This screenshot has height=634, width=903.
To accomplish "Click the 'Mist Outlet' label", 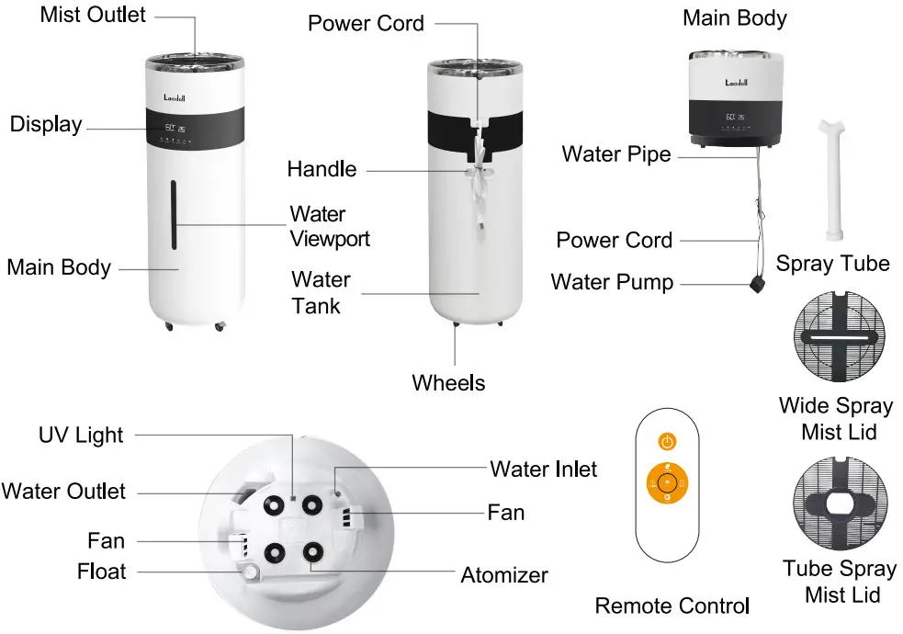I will coord(93,16).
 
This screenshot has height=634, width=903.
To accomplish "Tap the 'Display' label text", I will coord(46,124).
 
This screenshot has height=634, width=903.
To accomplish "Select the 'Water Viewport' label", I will coord(330,226).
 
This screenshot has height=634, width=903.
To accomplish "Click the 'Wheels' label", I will coord(448,382).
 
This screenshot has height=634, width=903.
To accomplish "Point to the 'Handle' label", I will coord(322,168).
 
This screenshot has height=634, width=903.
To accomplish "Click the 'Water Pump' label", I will coord(612,281).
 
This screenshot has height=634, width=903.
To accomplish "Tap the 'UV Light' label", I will coord(81,435).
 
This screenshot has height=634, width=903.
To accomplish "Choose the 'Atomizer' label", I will coord(504,575).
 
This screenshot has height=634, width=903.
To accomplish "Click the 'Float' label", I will coord(102,572).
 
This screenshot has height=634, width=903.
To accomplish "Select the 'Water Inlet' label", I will coord(543,470).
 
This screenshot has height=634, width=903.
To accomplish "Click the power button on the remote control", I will coord(667,442).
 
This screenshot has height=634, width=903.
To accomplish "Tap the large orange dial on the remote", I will coord(667,481).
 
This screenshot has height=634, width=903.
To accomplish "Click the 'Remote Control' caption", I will coord(672,606).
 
